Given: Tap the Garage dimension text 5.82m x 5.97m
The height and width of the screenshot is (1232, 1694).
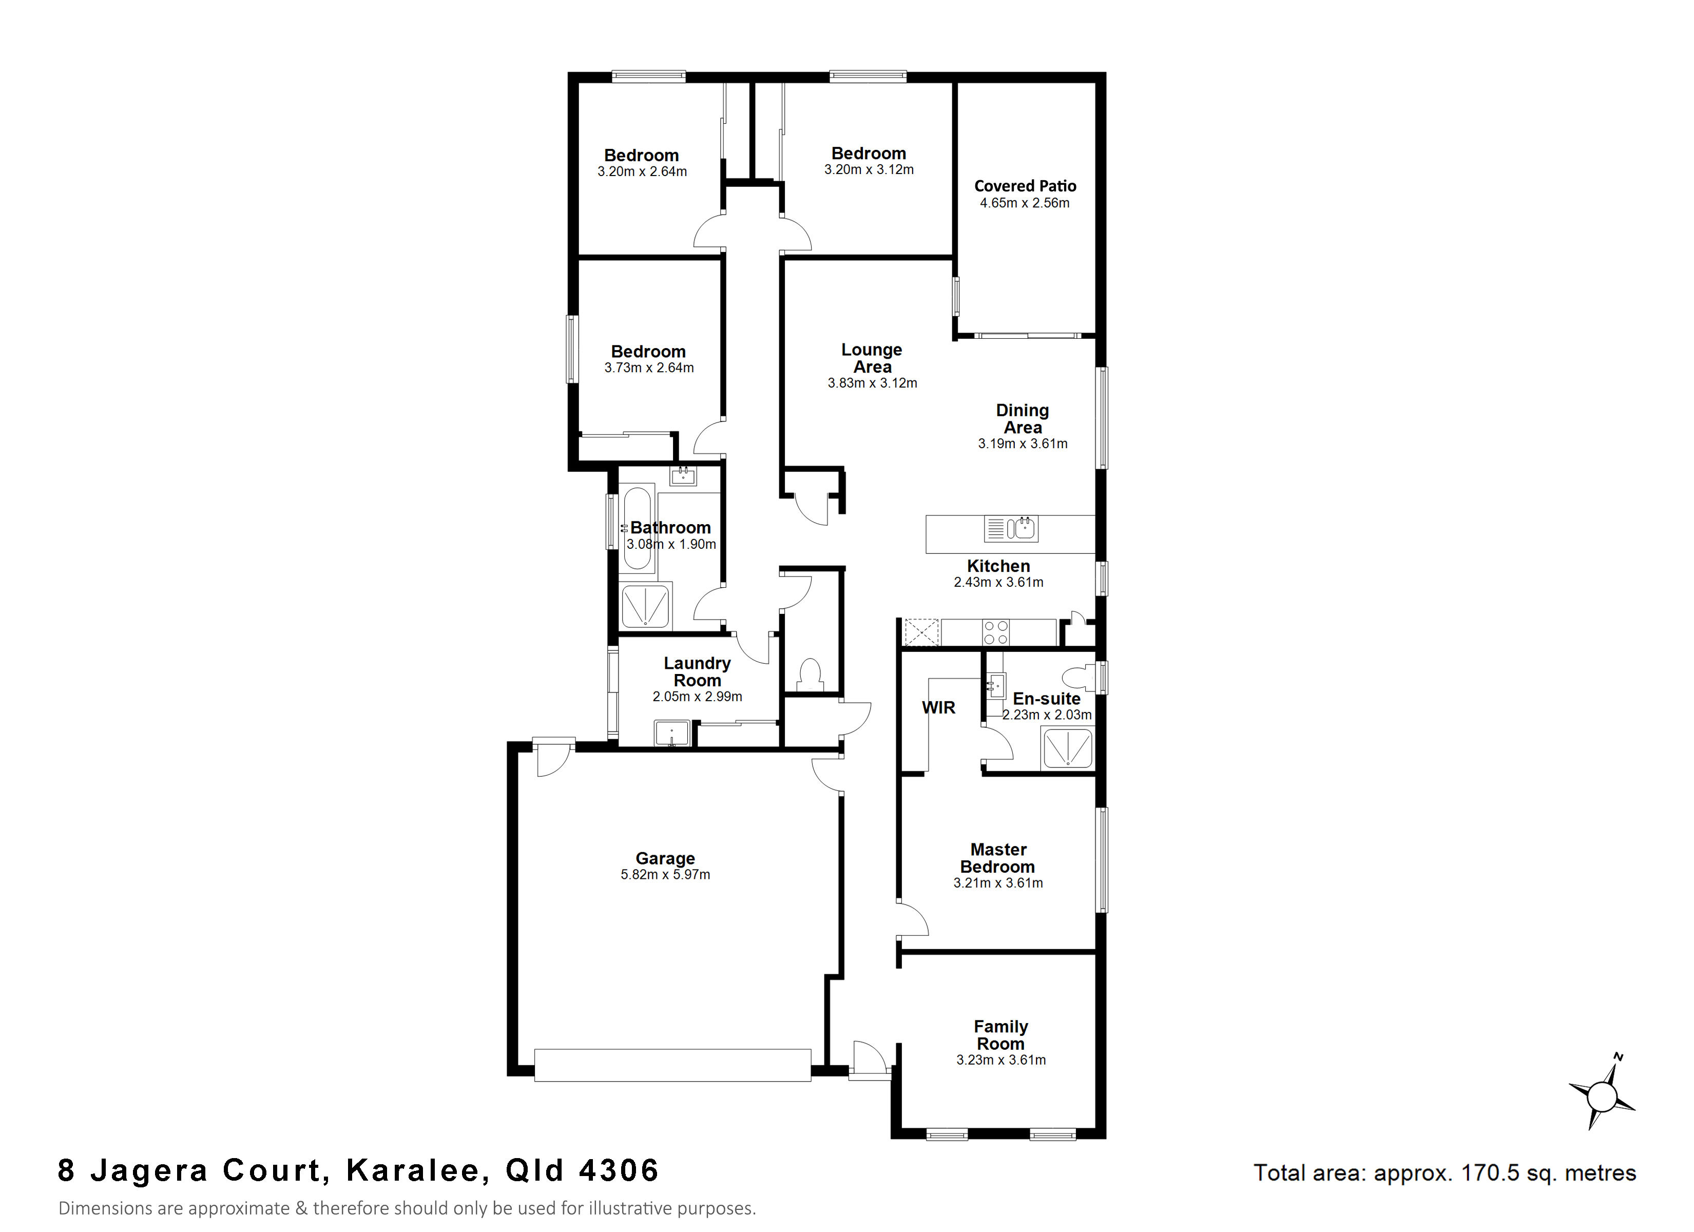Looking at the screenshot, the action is point(665,874).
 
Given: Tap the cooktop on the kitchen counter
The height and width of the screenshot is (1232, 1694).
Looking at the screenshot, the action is point(996,632).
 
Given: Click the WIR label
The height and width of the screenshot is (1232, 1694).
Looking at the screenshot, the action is point(938,707).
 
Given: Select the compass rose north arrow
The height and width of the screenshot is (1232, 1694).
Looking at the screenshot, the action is point(1602,1096).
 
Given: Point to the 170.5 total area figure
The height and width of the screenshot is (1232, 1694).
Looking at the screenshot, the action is point(1489,1172).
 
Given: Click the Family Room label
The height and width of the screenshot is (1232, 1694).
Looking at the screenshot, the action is point(1001,1035).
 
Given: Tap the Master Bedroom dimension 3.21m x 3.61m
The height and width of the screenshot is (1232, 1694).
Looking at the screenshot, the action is point(998,882).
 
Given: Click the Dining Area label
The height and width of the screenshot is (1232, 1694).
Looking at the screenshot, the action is point(1023,419).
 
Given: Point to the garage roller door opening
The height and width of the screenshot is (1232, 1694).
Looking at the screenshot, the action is point(672,1065).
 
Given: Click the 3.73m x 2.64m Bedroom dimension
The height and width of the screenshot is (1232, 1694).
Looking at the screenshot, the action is point(649,368).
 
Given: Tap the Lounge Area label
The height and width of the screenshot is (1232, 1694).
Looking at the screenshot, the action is point(872,359).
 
